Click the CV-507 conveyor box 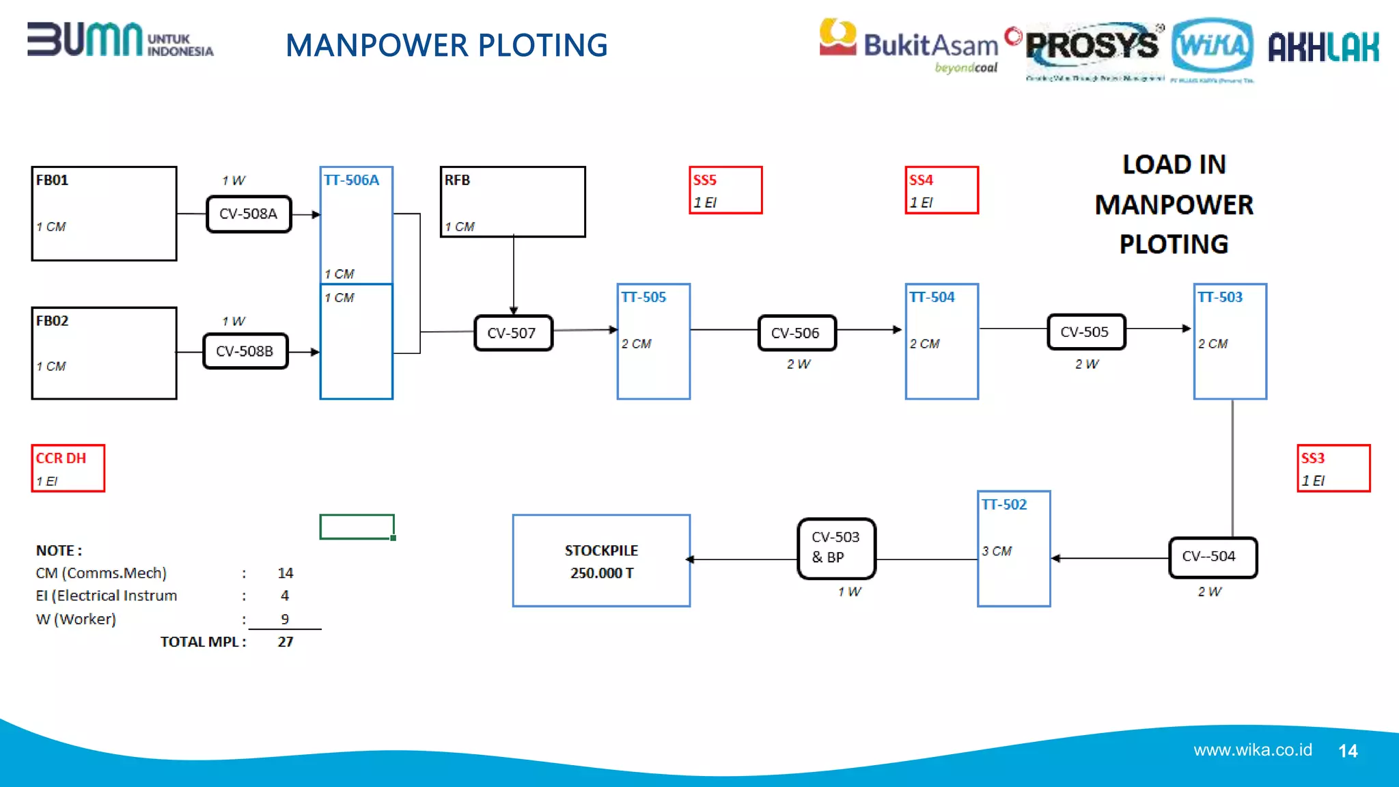point(513,333)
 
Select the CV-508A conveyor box point(249,214)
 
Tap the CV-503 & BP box point(836,548)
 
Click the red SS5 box point(725,191)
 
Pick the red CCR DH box point(68,468)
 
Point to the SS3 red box point(1333,468)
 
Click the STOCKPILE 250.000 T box point(601,561)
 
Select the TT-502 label point(1003,504)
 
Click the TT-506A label point(351,180)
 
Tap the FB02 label point(52,320)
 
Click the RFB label point(457,180)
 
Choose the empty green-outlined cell point(357,527)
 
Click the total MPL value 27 point(286,641)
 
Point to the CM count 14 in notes point(286,572)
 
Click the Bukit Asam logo point(909,44)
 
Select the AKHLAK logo point(1323,47)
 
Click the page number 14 point(1348,751)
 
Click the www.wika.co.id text point(1252,750)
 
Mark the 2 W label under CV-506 point(798,364)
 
